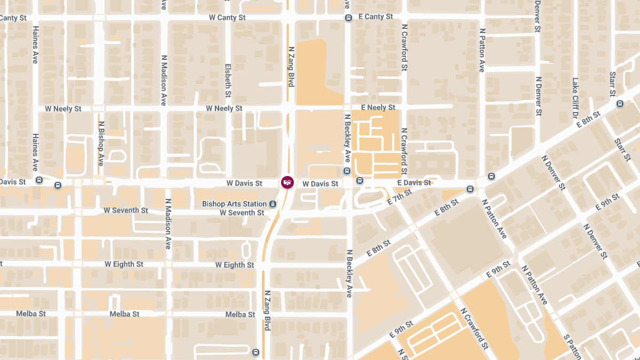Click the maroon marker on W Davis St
287,182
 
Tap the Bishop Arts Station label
234,204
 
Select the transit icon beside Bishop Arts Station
273,204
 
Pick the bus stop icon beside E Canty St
348,18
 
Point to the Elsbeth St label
228,81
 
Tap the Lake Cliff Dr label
575,98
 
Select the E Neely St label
378,108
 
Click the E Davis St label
414,183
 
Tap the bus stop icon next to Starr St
620,104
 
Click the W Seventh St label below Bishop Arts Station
242,213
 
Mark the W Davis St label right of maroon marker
320,183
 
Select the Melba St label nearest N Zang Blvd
240,315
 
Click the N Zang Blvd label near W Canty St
291,66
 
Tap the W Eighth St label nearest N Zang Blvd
235,265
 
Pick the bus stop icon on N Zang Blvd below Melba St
255,352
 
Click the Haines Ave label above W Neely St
35,45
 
